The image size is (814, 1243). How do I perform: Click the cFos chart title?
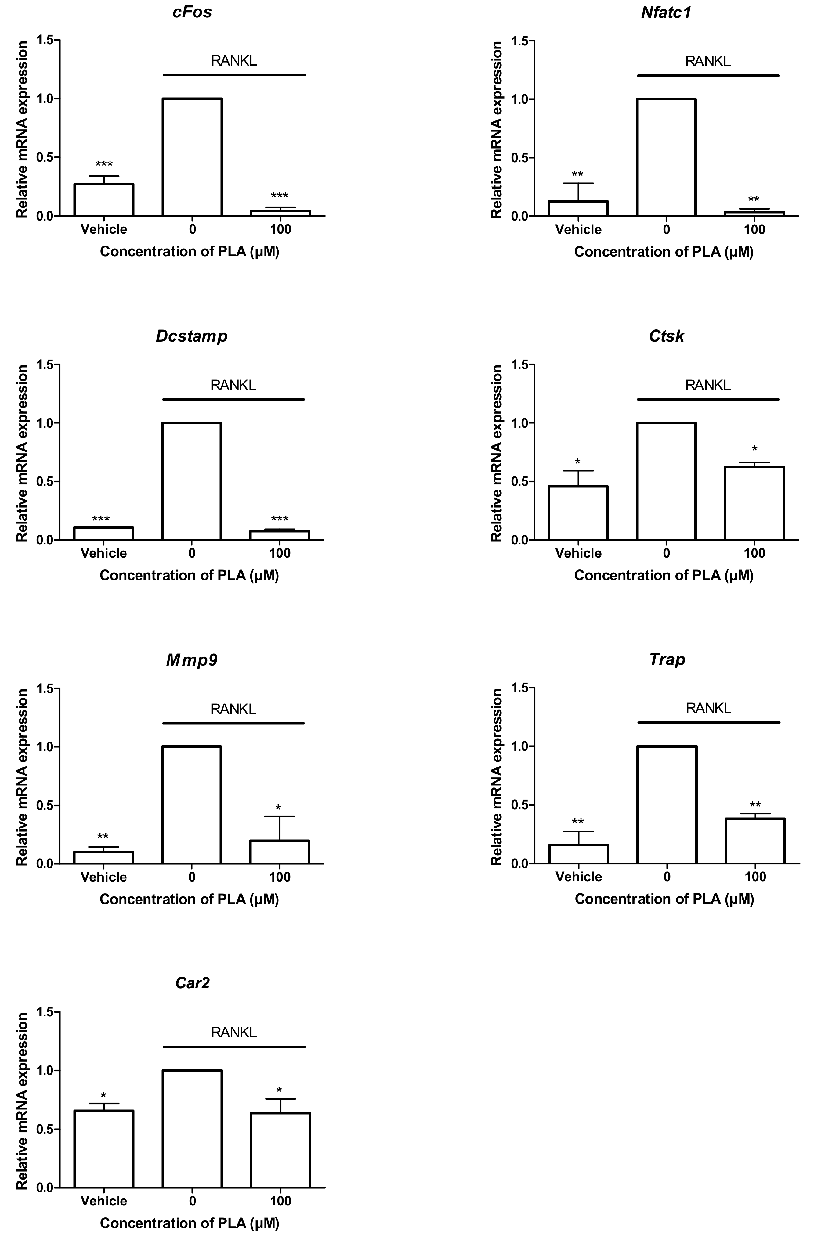tap(192, 12)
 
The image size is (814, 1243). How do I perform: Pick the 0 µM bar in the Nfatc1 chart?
tap(666, 157)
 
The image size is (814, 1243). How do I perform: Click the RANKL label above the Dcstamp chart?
tap(233, 386)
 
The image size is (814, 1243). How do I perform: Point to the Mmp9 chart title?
tap(192, 660)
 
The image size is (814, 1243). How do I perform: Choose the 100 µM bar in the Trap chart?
tap(755, 841)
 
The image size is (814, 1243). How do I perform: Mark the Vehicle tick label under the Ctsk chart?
tap(578, 553)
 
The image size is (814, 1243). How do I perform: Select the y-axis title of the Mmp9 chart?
tap(22, 777)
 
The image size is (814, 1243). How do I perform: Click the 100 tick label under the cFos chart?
tap(280, 229)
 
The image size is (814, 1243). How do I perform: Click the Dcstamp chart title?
tap(192, 336)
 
